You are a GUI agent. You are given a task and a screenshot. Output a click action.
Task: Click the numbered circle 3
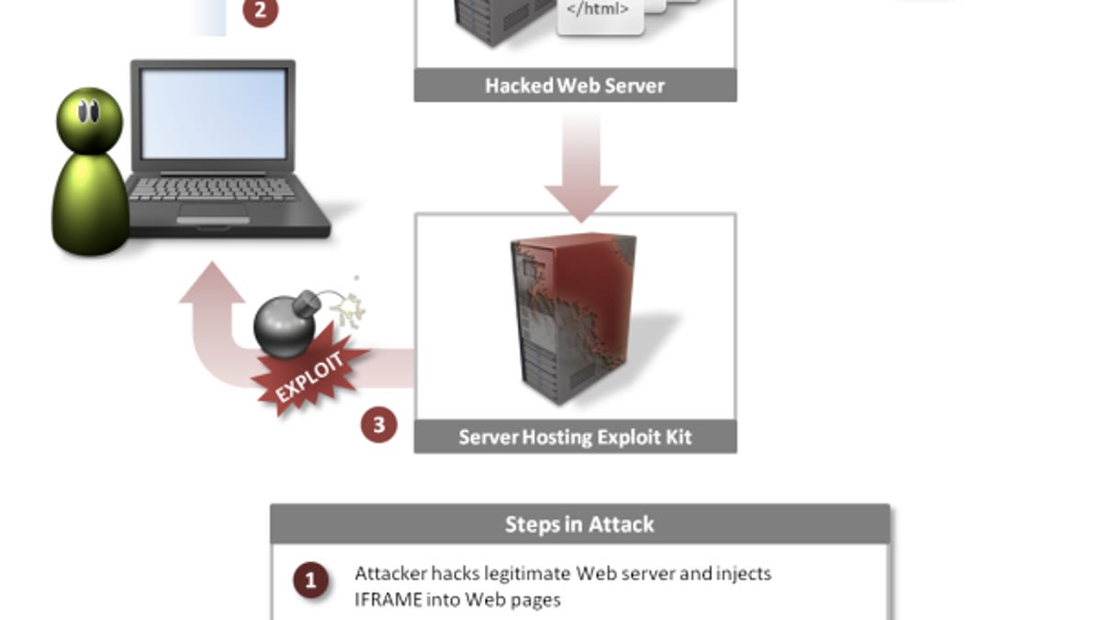(x=378, y=425)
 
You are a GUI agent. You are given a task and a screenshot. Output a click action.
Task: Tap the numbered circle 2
(x=261, y=11)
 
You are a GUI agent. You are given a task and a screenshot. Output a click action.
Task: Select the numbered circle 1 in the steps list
(x=310, y=581)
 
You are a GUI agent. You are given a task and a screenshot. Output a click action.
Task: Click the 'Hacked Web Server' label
(x=575, y=85)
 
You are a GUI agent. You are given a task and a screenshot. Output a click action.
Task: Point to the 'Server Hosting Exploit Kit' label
(x=575, y=436)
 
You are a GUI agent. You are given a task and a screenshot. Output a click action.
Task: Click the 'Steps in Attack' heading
(x=579, y=524)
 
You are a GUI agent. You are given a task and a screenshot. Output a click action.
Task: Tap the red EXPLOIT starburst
(x=310, y=377)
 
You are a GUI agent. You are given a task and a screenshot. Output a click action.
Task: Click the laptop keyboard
(x=213, y=190)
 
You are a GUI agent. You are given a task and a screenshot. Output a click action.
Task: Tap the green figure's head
(x=89, y=118)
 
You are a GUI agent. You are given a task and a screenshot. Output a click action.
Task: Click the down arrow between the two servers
(x=580, y=170)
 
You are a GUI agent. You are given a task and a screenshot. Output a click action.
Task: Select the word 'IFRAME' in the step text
(x=382, y=600)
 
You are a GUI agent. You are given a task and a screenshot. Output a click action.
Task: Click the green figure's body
(x=90, y=204)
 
